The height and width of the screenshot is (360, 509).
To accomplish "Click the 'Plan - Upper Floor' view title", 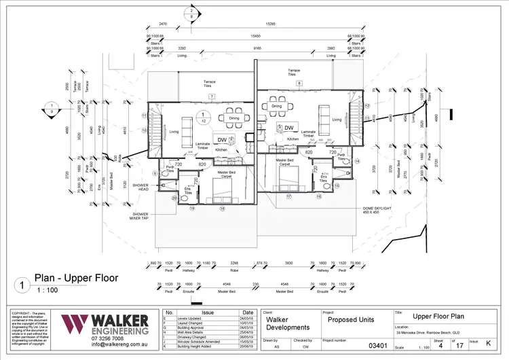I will [76, 278].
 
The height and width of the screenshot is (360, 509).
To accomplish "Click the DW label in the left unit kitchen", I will [222, 140].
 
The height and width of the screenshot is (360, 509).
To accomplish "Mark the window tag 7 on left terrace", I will [212, 96].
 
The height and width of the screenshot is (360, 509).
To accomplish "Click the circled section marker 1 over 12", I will [202, 117].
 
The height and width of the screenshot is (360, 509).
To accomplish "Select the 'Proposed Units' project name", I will [353, 319].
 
